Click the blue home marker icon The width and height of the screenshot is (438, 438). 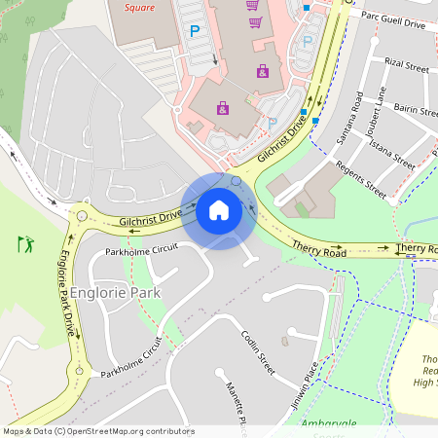tap(219, 209)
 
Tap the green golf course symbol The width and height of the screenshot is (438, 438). tap(25, 243)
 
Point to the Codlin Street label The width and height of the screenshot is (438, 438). tap(259, 352)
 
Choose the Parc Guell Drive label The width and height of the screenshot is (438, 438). tap(393, 18)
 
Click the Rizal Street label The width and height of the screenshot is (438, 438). tap(406, 65)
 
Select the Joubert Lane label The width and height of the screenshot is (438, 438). tap(375, 110)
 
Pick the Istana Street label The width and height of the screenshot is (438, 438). tap(392, 153)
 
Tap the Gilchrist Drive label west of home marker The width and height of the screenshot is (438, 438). tap(151, 218)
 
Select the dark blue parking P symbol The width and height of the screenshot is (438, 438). tap(194, 31)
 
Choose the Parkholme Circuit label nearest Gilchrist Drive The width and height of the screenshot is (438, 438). tap(142, 250)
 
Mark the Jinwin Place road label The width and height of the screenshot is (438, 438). tap(305, 384)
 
